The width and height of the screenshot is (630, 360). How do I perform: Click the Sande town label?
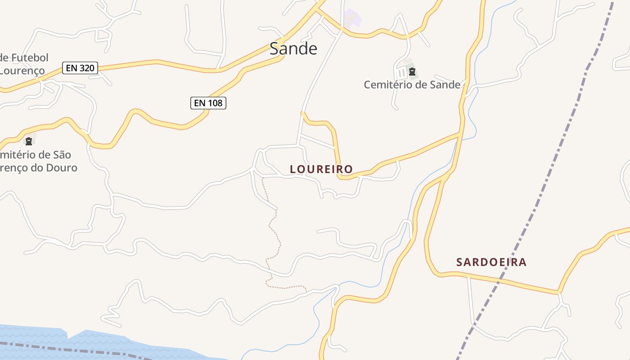pos(293,49)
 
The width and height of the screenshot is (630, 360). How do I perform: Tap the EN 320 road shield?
pos(80,68)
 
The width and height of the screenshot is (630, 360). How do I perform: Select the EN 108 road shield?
pos(208,103)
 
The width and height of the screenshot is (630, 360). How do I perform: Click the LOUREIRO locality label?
pos(321,169)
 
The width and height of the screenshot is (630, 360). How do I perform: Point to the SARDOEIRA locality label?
pos(491,262)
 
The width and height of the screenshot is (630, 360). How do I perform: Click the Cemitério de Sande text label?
pos(412,85)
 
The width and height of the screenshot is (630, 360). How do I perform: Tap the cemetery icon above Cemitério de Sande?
pos(412,72)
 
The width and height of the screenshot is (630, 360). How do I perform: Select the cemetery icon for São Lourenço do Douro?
pos(29,141)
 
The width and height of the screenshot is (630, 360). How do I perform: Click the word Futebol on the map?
pos(30,58)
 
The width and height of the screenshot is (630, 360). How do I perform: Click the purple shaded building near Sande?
pos(352,18)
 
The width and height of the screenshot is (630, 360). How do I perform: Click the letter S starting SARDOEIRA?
pos(460,262)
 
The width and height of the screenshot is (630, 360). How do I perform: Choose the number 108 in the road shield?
pos(215,103)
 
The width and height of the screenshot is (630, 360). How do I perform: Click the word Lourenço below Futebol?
pos(22,71)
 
